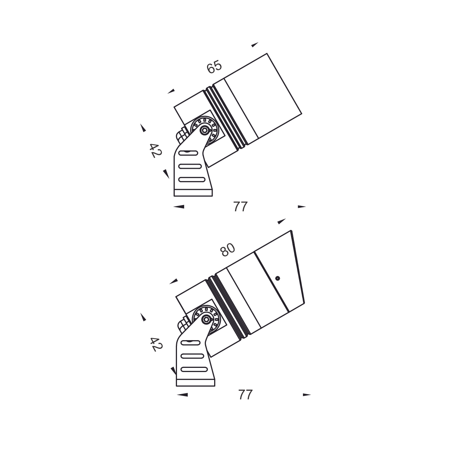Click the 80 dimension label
tap(228, 250)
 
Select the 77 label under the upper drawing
tap(240, 207)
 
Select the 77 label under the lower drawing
tap(246, 394)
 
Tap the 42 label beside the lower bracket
tap(156, 344)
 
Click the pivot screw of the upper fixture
tap(204, 130)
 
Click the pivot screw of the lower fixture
tap(205, 319)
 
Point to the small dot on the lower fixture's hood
tap(277, 278)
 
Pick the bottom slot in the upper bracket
tap(193, 179)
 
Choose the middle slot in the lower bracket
tap(194, 355)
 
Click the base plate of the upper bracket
tap(193, 193)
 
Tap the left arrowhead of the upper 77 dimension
tap(179, 207)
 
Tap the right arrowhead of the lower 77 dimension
tap(307, 394)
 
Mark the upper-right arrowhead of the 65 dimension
tap(255, 45)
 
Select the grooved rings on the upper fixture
tap(225, 116)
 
